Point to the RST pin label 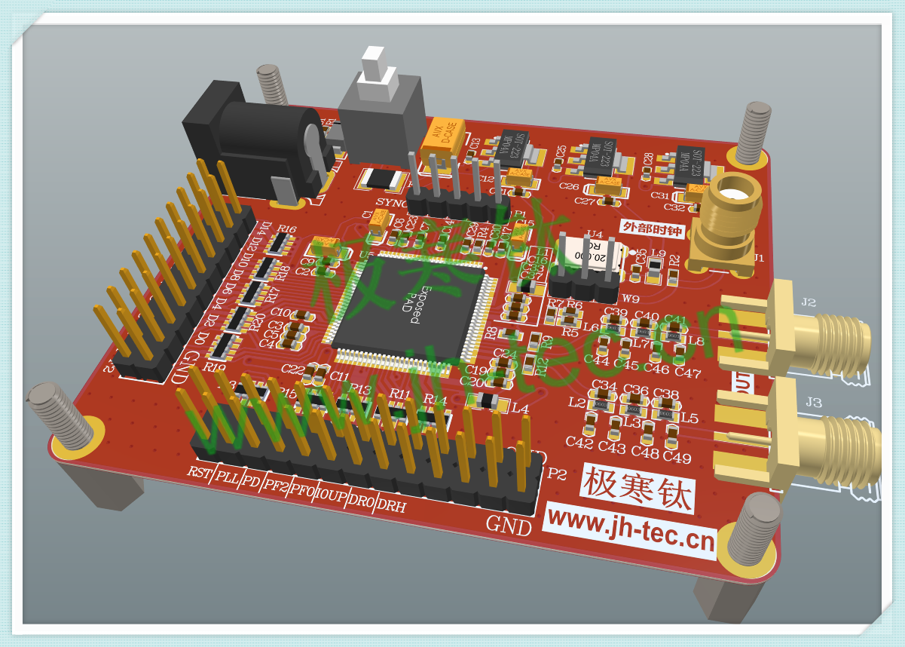click(199, 473)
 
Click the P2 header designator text click(557, 474)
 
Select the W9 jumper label click(631, 299)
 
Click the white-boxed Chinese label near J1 click(652, 227)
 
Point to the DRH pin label click(390, 506)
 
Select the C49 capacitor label click(677, 458)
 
